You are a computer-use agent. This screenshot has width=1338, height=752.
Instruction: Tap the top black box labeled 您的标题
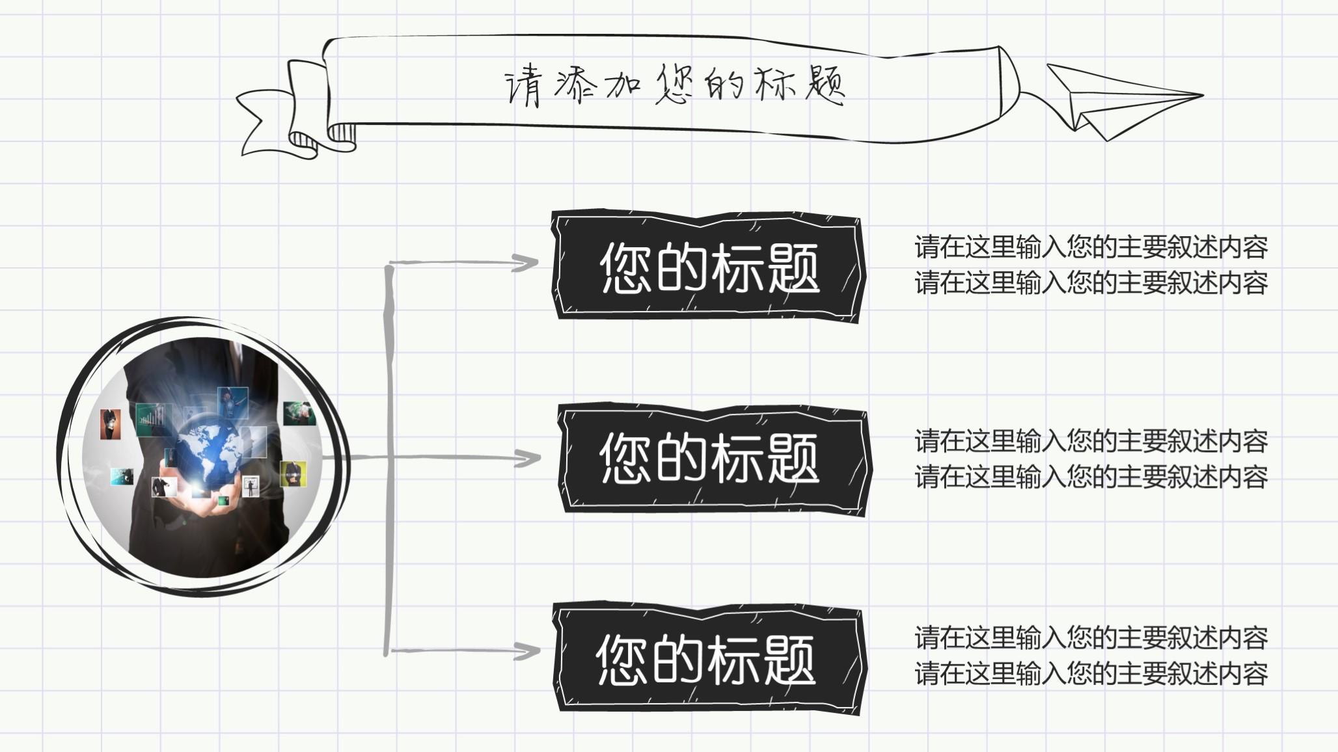click(x=709, y=267)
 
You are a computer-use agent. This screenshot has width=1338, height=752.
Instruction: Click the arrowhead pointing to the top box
click(x=526, y=263)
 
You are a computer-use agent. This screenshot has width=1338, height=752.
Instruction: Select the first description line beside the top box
click(x=1091, y=247)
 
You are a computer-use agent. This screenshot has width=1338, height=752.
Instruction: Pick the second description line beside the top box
click(x=1091, y=283)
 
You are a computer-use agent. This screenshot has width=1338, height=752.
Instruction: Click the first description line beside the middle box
click(x=1091, y=442)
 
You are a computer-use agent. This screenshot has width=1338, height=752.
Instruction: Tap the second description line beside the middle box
click(x=1091, y=477)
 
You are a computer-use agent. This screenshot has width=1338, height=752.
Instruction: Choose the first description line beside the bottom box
click(x=1091, y=638)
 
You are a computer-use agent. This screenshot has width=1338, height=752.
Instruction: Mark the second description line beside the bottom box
click(x=1091, y=673)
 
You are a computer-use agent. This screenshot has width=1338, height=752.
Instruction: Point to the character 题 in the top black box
click(x=793, y=268)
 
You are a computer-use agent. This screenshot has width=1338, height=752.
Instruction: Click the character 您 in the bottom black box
click(x=622, y=660)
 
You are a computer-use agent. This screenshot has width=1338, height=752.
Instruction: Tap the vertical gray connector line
click(x=389, y=455)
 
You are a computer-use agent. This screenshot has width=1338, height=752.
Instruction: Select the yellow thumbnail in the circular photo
click(x=293, y=474)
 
